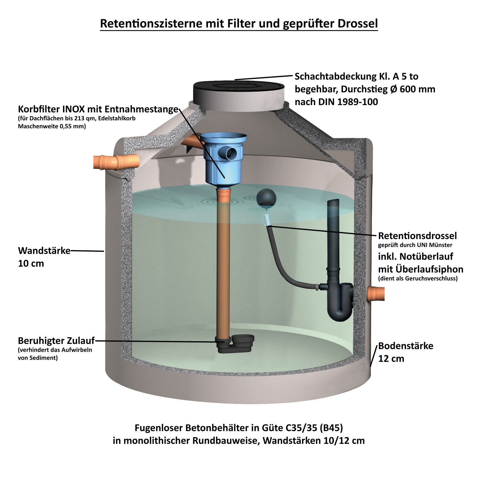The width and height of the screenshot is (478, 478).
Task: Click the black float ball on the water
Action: (266, 197)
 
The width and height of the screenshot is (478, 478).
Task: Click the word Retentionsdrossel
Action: (417, 236)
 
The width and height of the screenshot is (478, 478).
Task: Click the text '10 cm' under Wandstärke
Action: (31, 263)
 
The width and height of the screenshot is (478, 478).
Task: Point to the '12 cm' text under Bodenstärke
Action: (391, 358)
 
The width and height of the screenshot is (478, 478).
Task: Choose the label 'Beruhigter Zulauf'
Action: (56, 341)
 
